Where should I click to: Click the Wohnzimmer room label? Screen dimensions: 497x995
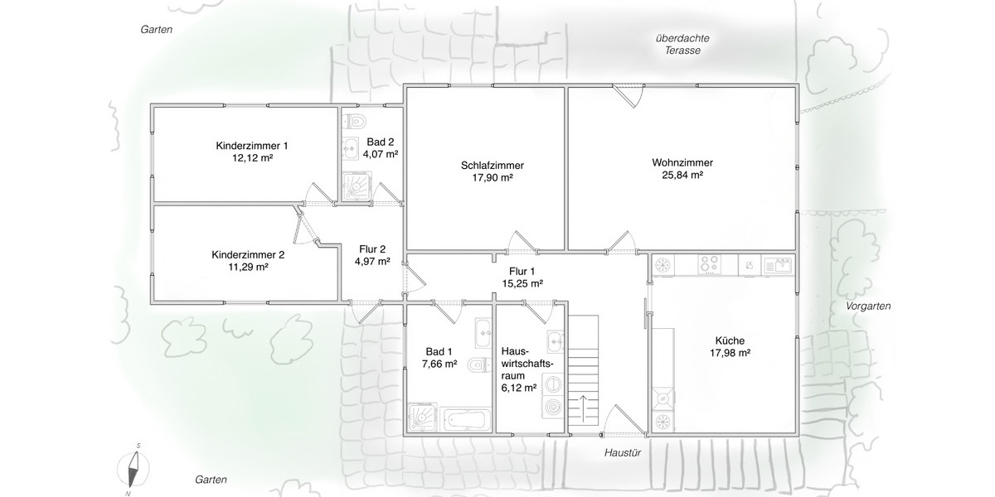(x=682, y=162)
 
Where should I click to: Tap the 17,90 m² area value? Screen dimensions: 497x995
(x=492, y=178)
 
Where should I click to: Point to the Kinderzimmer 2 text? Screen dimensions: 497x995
(x=248, y=254)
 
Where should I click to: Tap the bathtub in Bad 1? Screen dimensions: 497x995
(x=464, y=418)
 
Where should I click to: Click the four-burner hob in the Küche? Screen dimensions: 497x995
(x=710, y=265)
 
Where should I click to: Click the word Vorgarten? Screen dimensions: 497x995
(x=868, y=306)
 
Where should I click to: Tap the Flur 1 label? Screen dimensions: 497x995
(x=522, y=271)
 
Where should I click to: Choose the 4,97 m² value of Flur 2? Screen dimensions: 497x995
(x=371, y=262)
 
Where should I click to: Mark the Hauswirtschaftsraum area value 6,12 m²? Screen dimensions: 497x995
(x=519, y=387)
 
